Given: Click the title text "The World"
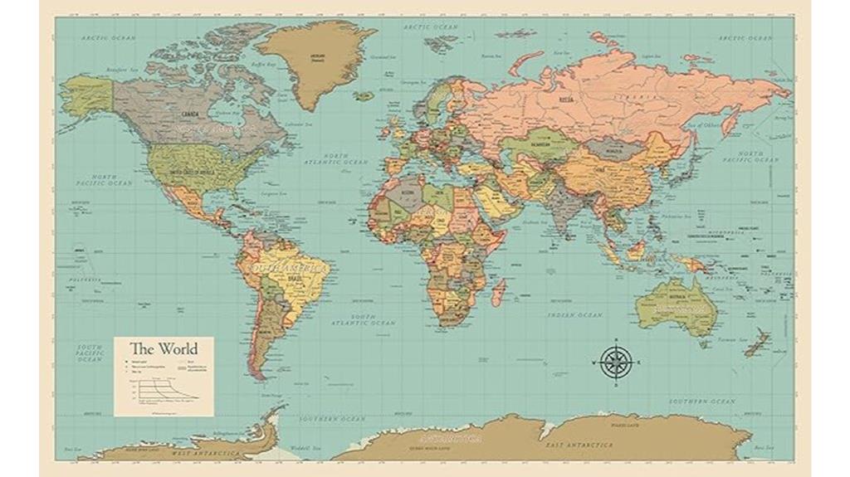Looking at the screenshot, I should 163,349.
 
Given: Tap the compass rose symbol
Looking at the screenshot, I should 615,363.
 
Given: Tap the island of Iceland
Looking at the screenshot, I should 363,96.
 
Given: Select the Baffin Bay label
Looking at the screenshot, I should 263,63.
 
